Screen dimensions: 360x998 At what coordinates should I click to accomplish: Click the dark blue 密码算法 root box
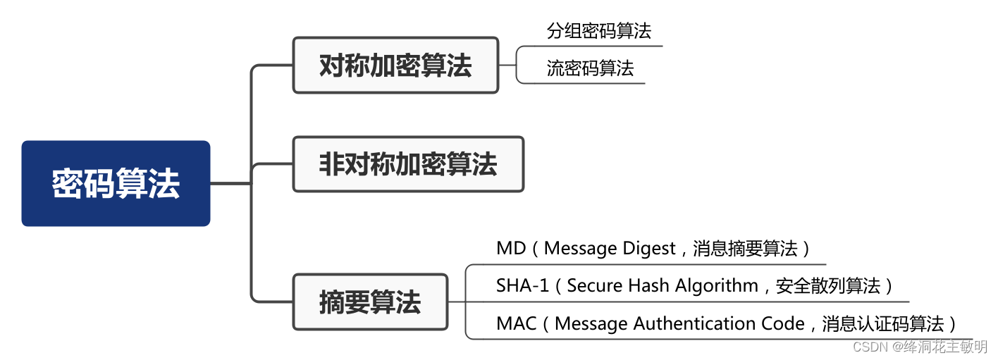(116, 183)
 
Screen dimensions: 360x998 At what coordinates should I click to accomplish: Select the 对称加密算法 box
(395, 66)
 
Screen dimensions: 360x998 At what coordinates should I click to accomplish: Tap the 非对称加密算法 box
(408, 165)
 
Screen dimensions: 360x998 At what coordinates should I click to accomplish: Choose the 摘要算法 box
(370, 302)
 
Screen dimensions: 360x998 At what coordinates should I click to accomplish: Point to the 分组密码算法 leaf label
(598, 31)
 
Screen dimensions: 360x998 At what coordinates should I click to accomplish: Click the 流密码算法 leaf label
(590, 68)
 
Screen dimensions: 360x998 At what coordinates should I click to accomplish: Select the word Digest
(648, 249)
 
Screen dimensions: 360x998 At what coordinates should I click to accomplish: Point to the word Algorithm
(717, 286)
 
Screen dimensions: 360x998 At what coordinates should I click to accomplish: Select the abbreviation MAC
(517, 324)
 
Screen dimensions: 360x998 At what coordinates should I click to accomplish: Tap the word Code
(782, 324)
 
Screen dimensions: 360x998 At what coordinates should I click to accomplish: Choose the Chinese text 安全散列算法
(828, 286)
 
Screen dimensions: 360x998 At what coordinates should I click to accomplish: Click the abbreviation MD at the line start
(510, 249)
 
